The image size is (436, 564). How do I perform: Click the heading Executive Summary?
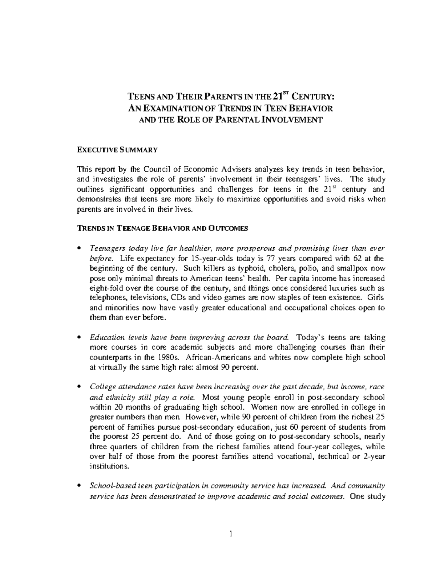tap(117, 150)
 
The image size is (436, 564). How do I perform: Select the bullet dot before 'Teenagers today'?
tap(79, 249)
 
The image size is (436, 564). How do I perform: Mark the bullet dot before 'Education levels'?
tap(79, 337)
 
